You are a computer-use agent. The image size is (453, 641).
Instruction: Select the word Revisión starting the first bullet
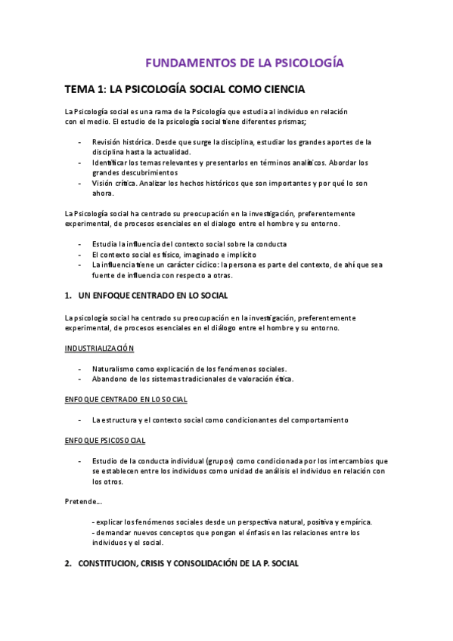[108, 142]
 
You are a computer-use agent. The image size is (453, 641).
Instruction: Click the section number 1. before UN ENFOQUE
[68, 295]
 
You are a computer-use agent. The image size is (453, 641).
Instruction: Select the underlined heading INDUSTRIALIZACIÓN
[99, 348]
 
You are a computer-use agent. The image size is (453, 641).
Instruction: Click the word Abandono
[110, 379]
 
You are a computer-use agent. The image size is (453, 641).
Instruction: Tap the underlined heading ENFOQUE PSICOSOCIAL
[105, 440]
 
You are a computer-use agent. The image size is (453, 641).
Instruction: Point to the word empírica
[354, 522]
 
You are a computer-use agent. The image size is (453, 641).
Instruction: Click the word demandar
[113, 533]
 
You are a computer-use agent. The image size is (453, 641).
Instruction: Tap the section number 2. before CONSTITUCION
[68, 563]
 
